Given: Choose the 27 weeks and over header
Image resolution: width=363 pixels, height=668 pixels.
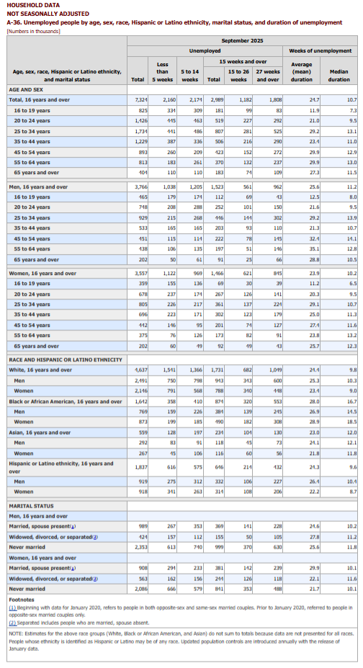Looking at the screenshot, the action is (x=268, y=75).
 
